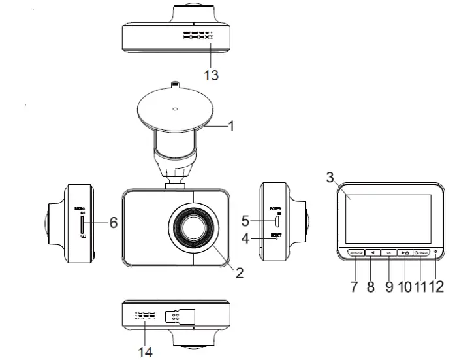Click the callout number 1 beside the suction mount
pos(231,125)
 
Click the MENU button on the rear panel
pos(355,252)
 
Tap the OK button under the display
pos(388,252)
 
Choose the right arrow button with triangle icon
pos(405,252)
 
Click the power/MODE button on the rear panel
pos(421,252)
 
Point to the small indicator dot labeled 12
pos(435,252)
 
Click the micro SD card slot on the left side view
pos(80,225)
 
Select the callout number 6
pos(113,223)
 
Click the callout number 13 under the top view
pos(211,75)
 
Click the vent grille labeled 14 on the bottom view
pos(145,316)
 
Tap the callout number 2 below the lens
pos(239,273)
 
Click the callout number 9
pos(389,286)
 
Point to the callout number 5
pos(245,221)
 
